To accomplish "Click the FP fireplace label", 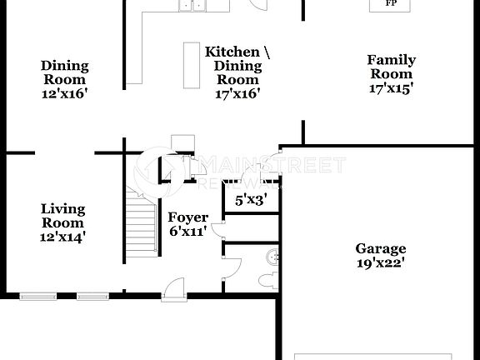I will tap(390, 4).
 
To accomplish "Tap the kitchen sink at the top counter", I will tap(192, 6).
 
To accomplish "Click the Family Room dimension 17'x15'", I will tap(391, 86).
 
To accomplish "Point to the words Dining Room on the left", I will tap(64, 72).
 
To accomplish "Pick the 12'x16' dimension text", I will tap(64, 94).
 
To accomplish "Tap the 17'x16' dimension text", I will tap(237, 94).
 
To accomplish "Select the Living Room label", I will tap(62, 216).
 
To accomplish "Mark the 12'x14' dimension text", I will tap(62, 237).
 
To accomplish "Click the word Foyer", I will tap(188, 218).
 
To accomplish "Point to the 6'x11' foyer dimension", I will tap(188, 232).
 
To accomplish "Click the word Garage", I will tap(381, 248).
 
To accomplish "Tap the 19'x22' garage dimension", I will tap(381, 262).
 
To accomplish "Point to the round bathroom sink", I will tap(274, 254).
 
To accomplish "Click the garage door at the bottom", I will tap(372, 357).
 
